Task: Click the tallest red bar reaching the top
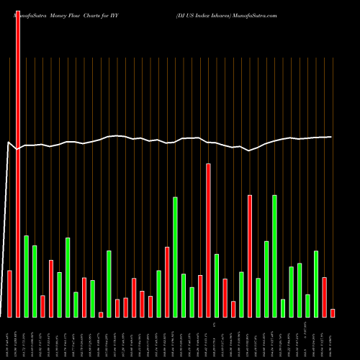(18, 158)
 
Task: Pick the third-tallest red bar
(250, 256)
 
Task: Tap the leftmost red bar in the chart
(9, 293)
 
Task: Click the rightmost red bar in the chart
(333, 312)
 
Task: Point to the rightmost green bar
(316, 284)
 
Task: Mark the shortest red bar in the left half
(101, 314)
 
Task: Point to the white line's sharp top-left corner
(9, 143)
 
